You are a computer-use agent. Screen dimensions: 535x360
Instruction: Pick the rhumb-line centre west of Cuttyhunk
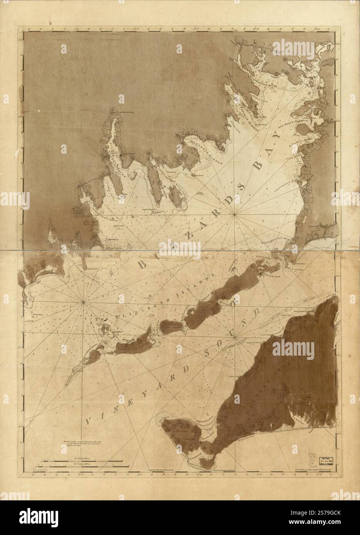pyautogui.click(x=84, y=302)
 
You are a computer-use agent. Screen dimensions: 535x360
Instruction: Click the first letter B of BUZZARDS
pyautogui.click(x=143, y=266)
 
